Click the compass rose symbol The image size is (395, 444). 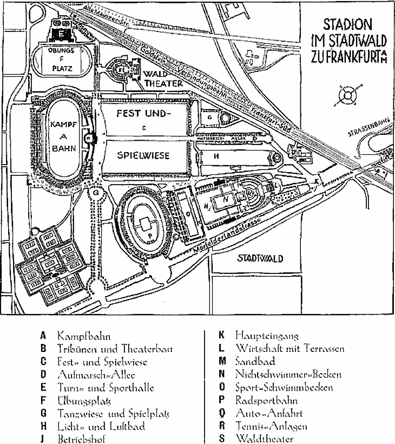click(x=346, y=97)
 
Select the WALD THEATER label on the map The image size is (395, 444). click(x=155, y=79)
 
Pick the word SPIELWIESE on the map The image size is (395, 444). click(x=143, y=155)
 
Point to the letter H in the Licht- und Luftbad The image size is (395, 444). click(x=216, y=155)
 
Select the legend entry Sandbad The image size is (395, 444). click(x=255, y=362)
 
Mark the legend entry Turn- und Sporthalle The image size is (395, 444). click(x=106, y=388)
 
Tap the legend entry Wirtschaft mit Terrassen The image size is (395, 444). click(x=290, y=349)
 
